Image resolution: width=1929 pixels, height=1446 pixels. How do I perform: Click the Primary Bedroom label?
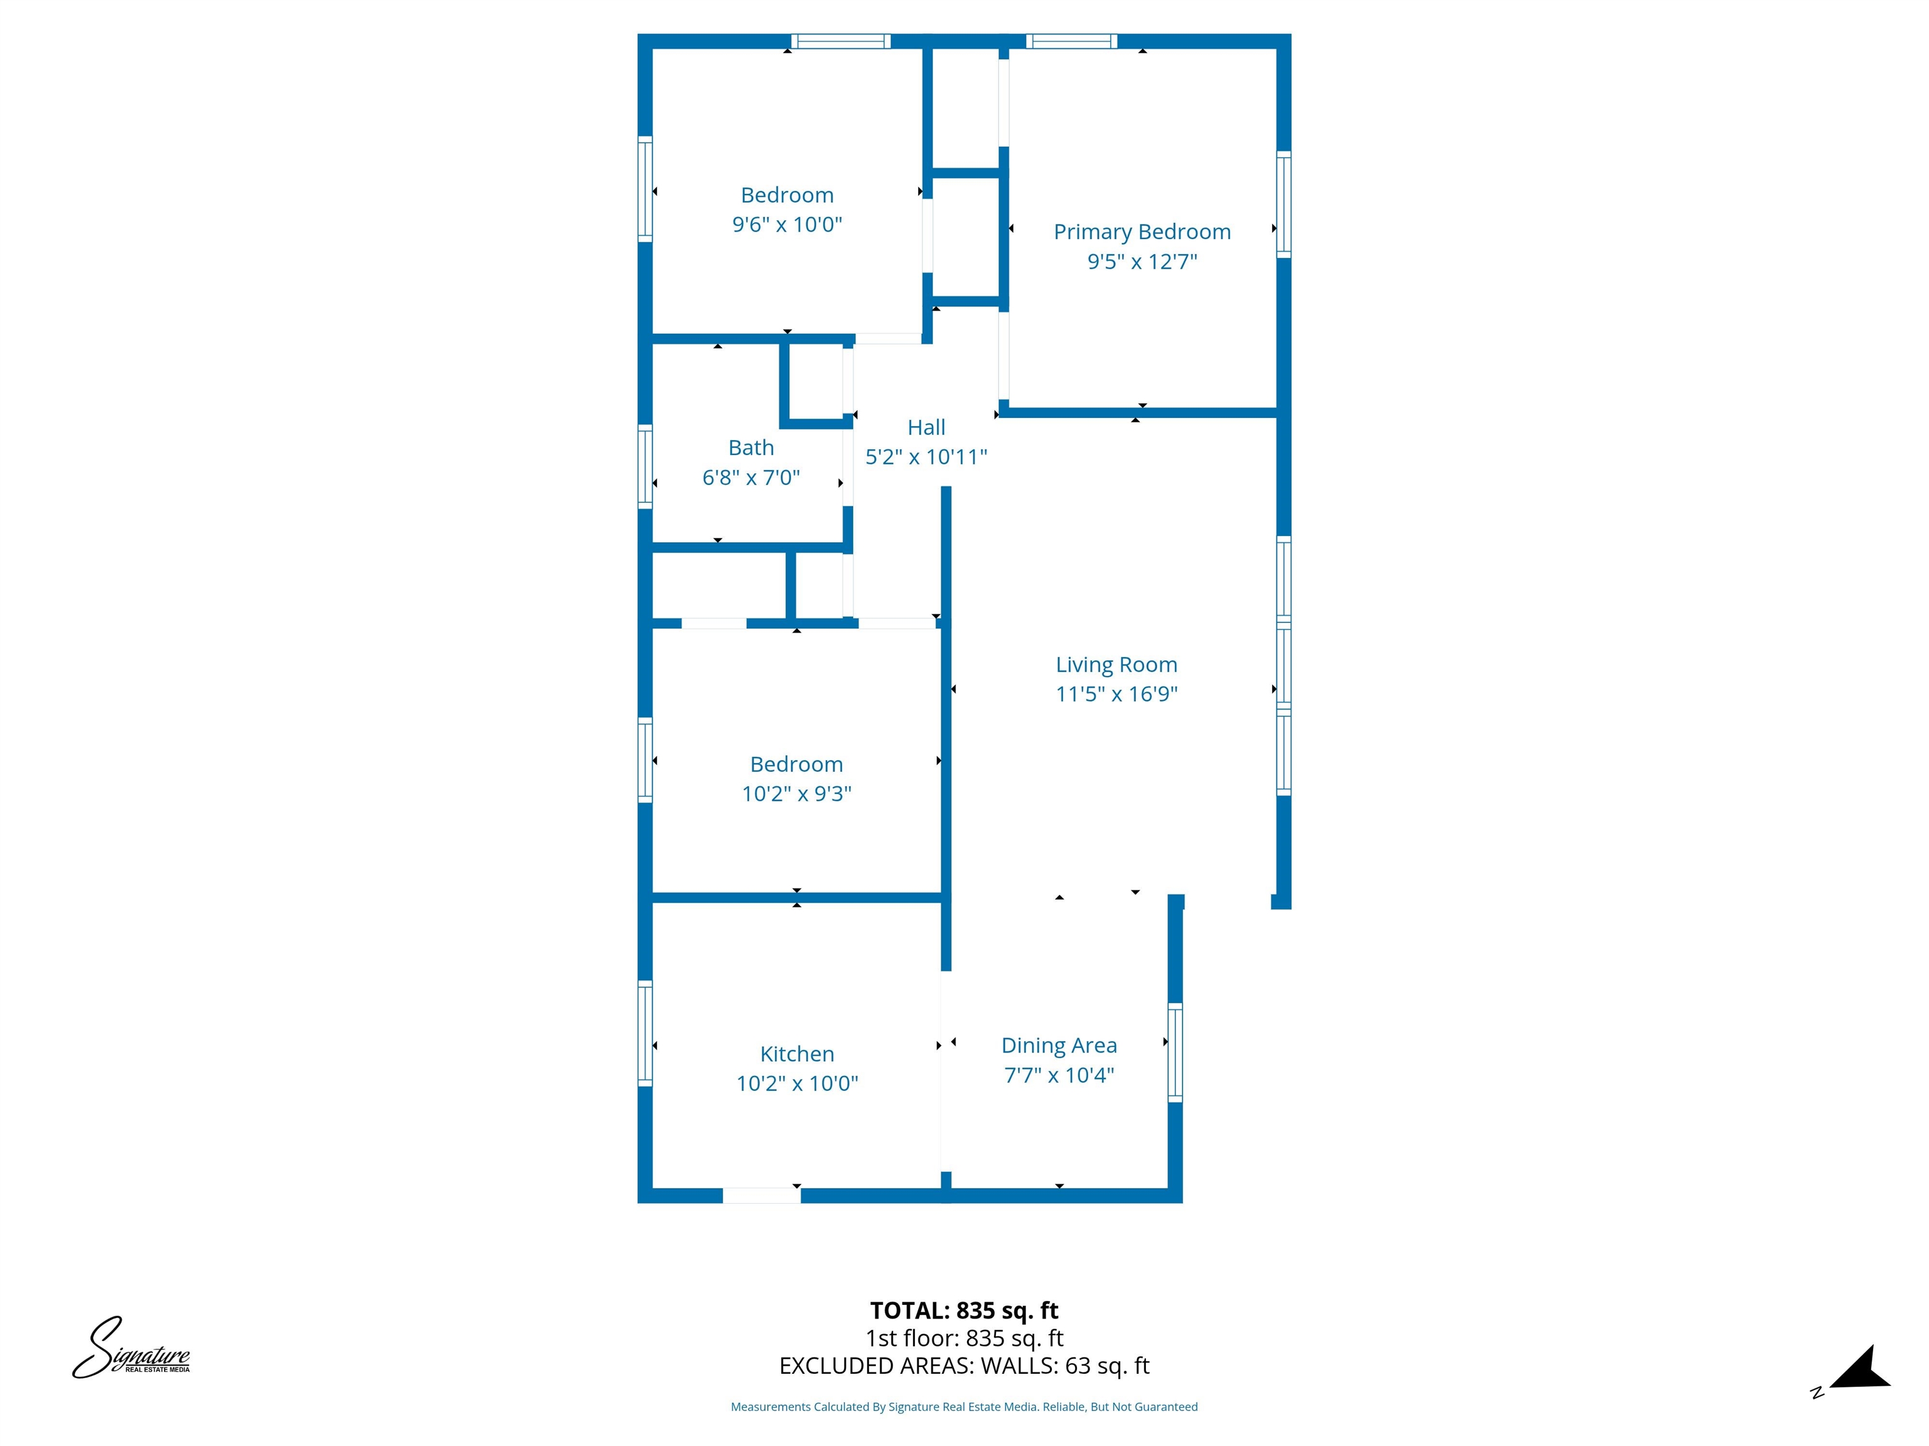pos(1142,232)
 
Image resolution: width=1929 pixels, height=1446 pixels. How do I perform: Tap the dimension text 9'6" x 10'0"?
pos(787,225)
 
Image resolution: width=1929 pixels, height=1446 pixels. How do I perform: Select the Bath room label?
pos(751,448)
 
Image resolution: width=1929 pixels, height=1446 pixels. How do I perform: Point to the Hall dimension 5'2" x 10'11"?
pos(926,457)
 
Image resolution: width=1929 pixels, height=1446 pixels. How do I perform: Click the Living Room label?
pos(1116,665)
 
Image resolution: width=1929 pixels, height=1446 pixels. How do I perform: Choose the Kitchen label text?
pos(796,1054)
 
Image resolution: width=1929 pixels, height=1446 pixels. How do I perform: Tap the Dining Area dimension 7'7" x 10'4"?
pos(1059,1074)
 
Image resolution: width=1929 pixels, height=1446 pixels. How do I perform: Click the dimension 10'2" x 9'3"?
pos(796,793)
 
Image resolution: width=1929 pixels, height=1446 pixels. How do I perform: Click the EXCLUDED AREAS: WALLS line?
pos(964,1366)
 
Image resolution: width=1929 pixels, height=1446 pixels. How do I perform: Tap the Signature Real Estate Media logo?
pos(131,1348)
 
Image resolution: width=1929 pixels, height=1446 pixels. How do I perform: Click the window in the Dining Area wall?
pos(1175,1052)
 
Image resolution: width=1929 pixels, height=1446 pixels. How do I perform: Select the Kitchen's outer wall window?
pos(646,1033)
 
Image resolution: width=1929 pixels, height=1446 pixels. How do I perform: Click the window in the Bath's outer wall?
pos(646,466)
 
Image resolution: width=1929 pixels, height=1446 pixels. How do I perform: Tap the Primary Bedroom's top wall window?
pos(1071,41)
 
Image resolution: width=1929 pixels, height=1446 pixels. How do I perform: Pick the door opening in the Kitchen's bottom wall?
pos(761,1195)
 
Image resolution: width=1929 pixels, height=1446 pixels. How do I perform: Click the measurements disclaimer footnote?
pos(964,1407)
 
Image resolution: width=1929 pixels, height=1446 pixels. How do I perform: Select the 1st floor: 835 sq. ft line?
pos(964,1338)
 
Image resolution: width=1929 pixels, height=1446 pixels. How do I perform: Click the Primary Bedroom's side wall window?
pos(1283,204)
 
